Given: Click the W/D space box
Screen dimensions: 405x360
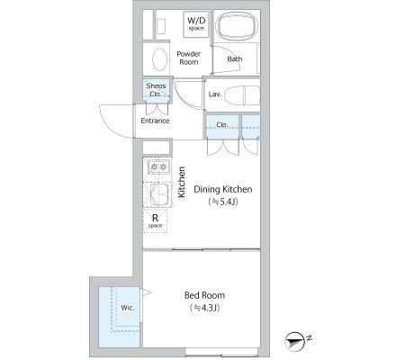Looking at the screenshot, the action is click(196, 24).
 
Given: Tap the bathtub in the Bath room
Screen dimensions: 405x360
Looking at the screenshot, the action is click(237, 25).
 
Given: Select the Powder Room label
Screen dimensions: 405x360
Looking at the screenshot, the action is click(189, 58).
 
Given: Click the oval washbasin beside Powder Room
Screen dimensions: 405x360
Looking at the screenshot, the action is click(159, 59).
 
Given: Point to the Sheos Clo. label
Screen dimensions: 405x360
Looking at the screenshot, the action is click(156, 90).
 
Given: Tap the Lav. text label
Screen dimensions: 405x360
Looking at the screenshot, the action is click(215, 94).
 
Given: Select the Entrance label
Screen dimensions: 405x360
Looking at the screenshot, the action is click(155, 121).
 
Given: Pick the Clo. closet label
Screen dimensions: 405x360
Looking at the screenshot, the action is click(222, 124).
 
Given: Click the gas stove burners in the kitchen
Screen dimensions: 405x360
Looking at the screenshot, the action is click(158, 166).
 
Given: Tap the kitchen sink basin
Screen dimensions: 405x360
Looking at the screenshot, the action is click(159, 193).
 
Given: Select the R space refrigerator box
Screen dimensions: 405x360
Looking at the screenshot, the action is click(155, 220).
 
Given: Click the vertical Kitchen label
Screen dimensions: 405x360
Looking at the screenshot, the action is click(182, 182).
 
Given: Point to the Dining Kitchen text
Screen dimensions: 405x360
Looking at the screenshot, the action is click(223, 189).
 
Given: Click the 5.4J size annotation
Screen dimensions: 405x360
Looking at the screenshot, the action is click(223, 202).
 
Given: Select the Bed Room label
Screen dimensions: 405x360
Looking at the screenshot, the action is click(204, 295).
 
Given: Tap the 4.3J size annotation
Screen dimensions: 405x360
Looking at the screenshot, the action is click(205, 308).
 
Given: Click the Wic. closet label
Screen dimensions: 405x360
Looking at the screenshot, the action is click(128, 308).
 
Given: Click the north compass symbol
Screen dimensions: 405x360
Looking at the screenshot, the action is click(294, 342).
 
